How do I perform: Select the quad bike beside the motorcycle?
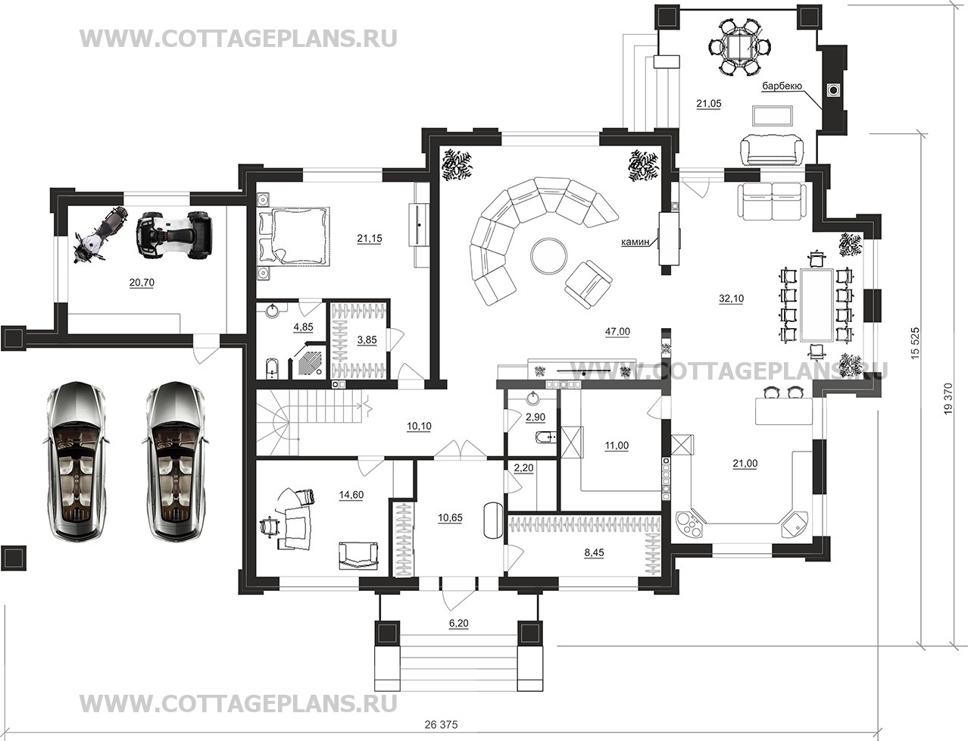[174, 235]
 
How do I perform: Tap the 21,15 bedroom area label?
[370, 239]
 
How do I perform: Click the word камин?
[635, 242]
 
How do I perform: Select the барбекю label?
[782, 86]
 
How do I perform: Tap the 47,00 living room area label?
[617, 332]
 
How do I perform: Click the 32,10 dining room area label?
[731, 299]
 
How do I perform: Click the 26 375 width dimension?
[442, 724]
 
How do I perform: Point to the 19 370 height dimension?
[948, 399]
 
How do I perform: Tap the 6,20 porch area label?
[459, 624]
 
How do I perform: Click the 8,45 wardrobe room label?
[594, 552]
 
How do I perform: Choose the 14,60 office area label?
[351, 495]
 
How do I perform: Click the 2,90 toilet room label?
[536, 417]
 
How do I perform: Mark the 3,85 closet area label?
[367, 339]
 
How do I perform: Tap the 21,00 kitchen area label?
[745, 464]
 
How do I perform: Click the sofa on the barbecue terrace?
[772, 151]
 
